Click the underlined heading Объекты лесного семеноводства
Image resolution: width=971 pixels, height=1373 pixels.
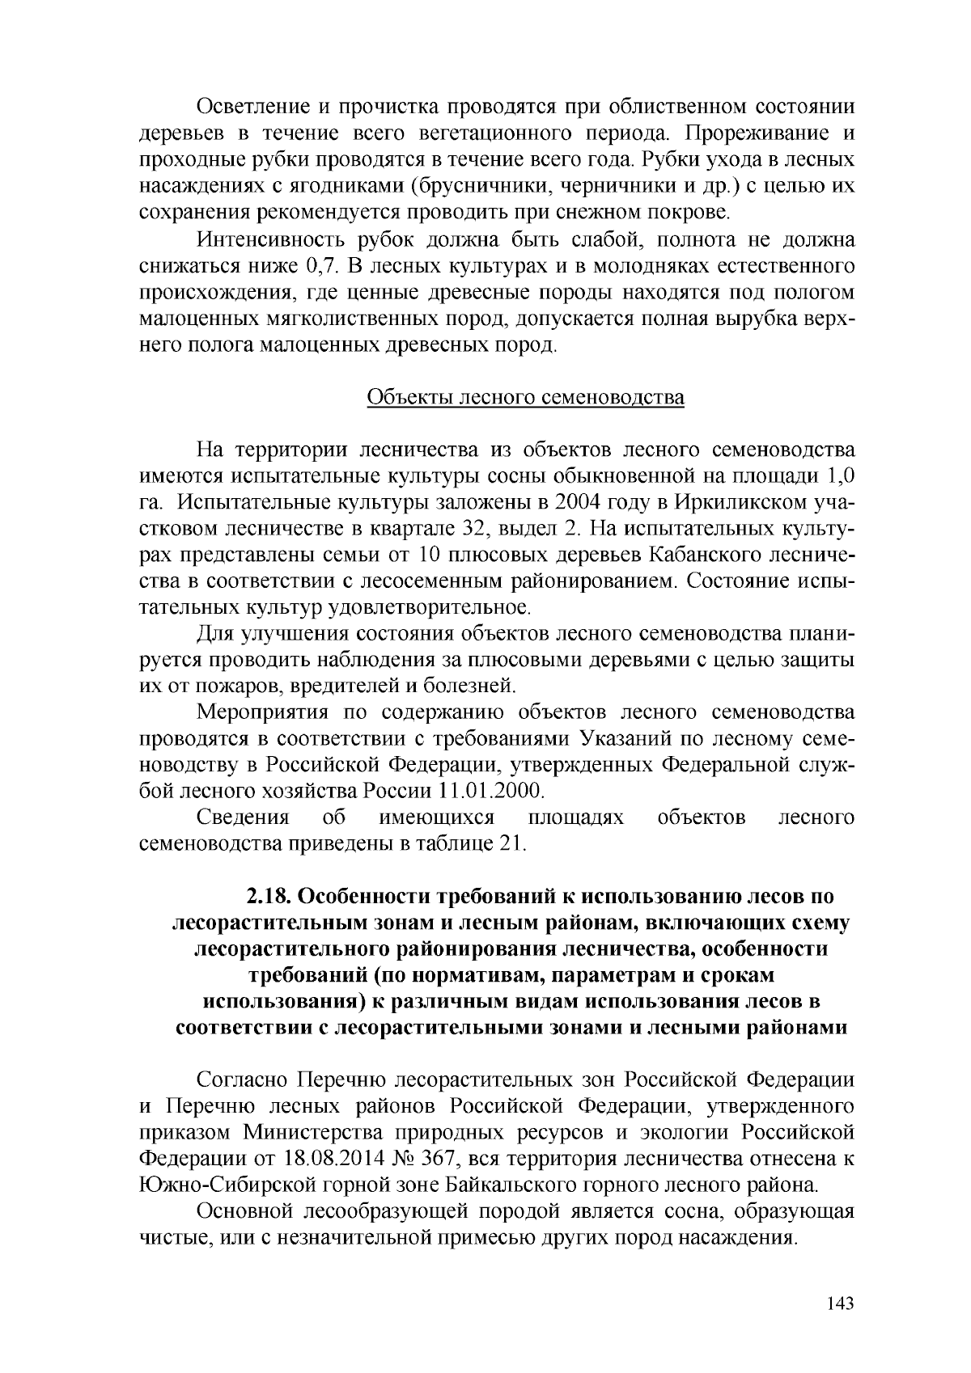pos(526,398)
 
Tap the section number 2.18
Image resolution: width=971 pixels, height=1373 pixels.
pos(269,897)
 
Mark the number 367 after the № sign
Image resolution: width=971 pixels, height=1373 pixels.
pos(439,1158)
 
